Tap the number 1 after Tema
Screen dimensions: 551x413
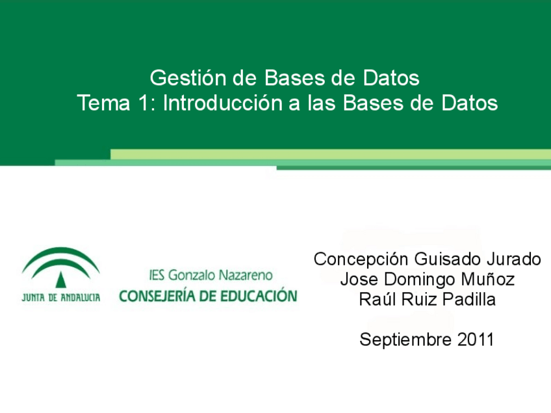(144, 103)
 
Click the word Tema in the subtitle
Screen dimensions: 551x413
(103, 103)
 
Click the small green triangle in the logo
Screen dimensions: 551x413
(61, 280)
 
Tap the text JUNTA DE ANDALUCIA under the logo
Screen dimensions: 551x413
(61, 298)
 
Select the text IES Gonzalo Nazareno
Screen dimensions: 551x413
(211, 275)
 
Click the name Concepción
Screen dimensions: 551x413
(361, 260)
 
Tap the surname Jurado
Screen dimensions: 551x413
(514, 260)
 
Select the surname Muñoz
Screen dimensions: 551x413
(488, 279)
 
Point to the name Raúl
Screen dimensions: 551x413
(378, 299)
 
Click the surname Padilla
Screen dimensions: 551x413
(469, 299)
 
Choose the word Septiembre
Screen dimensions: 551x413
(405, 340)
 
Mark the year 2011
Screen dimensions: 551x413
(476, 340)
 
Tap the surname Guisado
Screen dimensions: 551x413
(448, 260)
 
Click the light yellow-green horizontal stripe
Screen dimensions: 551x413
(331, 154)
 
